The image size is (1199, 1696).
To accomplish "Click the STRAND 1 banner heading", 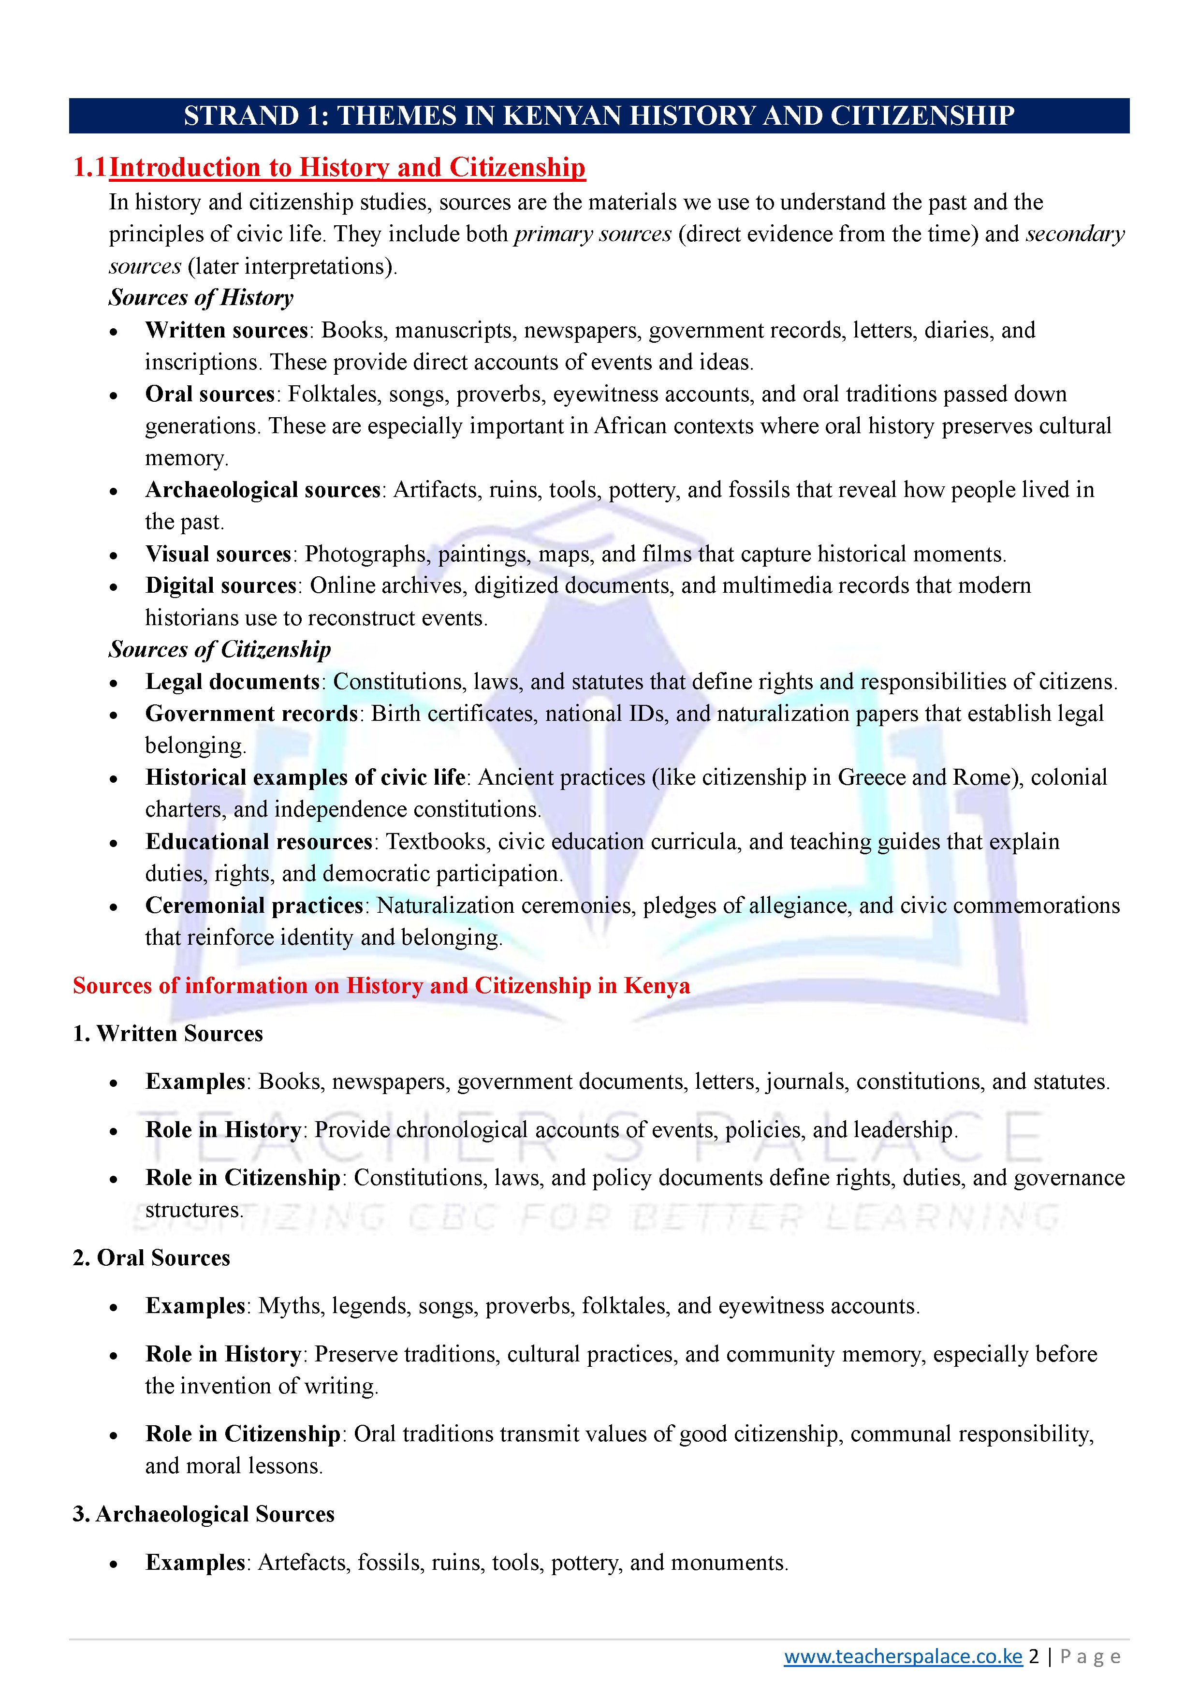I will pos(599,116).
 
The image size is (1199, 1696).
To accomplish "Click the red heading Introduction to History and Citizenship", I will pos(347,168).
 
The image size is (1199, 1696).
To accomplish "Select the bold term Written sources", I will pos(226,330).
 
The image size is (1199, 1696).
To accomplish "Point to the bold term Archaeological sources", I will pos(262,490).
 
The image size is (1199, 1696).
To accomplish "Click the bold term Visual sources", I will pos(218,554).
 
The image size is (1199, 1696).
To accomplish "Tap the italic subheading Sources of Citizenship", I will pos(219,649).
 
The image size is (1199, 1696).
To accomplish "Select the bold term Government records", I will pos(251,714).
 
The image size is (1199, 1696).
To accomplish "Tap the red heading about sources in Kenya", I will pos(381,986).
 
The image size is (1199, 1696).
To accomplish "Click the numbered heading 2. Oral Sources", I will pos(151,1258).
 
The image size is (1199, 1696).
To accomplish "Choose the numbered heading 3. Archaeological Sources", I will pos(203,1514).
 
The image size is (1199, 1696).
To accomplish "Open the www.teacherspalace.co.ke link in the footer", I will pos(903,1657).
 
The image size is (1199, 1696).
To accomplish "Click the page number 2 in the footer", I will pos(1034,1657).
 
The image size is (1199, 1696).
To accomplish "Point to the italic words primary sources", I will pos(592,234).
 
